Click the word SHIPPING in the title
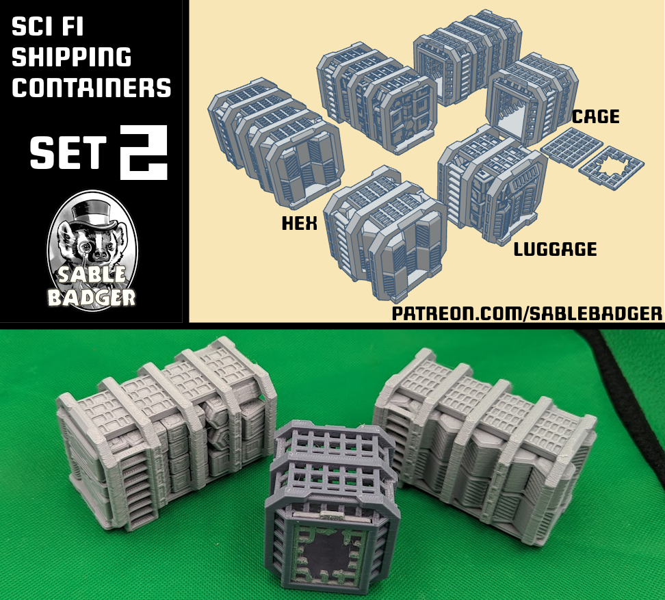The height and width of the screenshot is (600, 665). tap(71, 57)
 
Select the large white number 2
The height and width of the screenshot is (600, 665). tap(143, 153)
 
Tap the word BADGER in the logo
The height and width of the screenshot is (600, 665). tap(91, 297)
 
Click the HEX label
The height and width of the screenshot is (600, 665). tap(300, 223)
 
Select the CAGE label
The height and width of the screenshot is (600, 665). tap(595, 117)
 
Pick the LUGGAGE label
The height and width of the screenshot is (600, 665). tap(555, 249)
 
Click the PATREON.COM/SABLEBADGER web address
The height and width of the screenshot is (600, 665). tap(527, 313)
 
